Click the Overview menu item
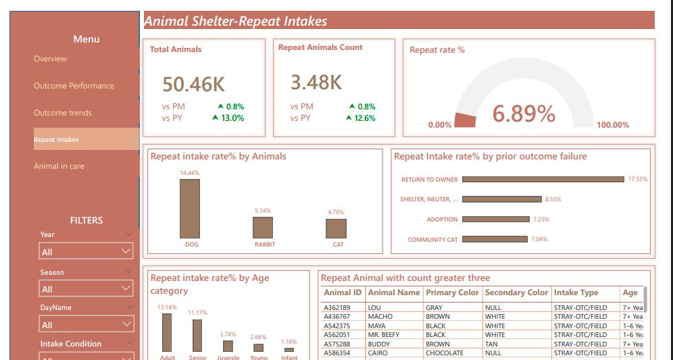click(51, 59)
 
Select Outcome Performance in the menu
click(74, 86)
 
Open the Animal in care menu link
click(59, 166)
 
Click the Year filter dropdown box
click(86, 252)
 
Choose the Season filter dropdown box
click(86, 289)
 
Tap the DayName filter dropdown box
click(86, 325)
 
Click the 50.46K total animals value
click(193, 84)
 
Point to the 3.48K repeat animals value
click(316, 82)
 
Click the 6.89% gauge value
click(524, 114)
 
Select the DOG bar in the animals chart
click(190, 209)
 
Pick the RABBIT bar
click(263, 228)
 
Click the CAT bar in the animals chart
click(336, 228)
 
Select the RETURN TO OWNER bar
click(543, 180)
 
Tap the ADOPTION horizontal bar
click(496, 220)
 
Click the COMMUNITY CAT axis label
click(432, 240)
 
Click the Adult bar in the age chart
click(167, 332)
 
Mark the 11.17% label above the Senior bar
click(197, 313)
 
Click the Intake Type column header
click(576, 293)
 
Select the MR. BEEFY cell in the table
click(383, 334)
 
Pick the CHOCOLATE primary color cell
click(445, 353)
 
